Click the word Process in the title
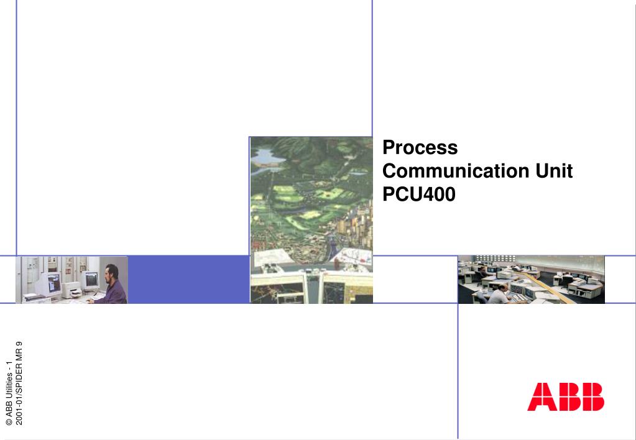[x=420, y=148]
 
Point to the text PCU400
[x=419, y=194]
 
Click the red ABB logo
[x=565, y=396]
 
